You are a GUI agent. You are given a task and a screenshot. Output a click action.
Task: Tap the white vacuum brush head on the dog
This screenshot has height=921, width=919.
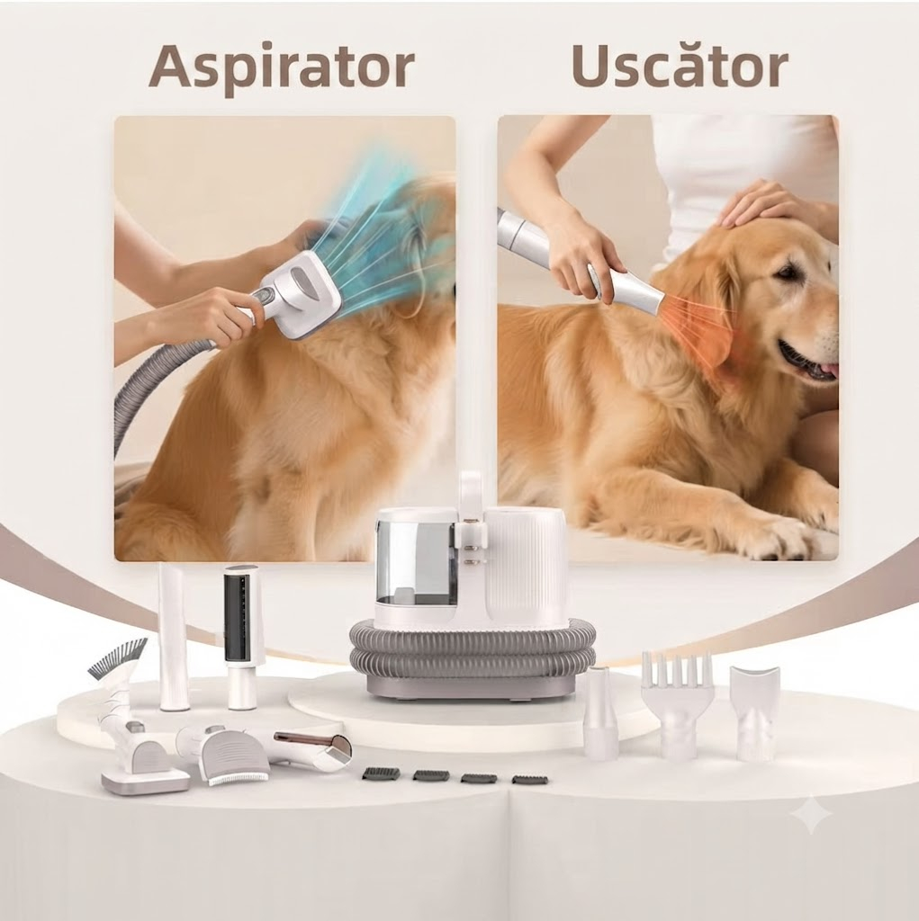300,294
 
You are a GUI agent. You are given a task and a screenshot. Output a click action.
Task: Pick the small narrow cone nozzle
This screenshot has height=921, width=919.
600,712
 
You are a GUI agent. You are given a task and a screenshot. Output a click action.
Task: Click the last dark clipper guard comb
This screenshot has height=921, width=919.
530,779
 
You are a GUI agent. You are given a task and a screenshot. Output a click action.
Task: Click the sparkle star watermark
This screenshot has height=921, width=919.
811,813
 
